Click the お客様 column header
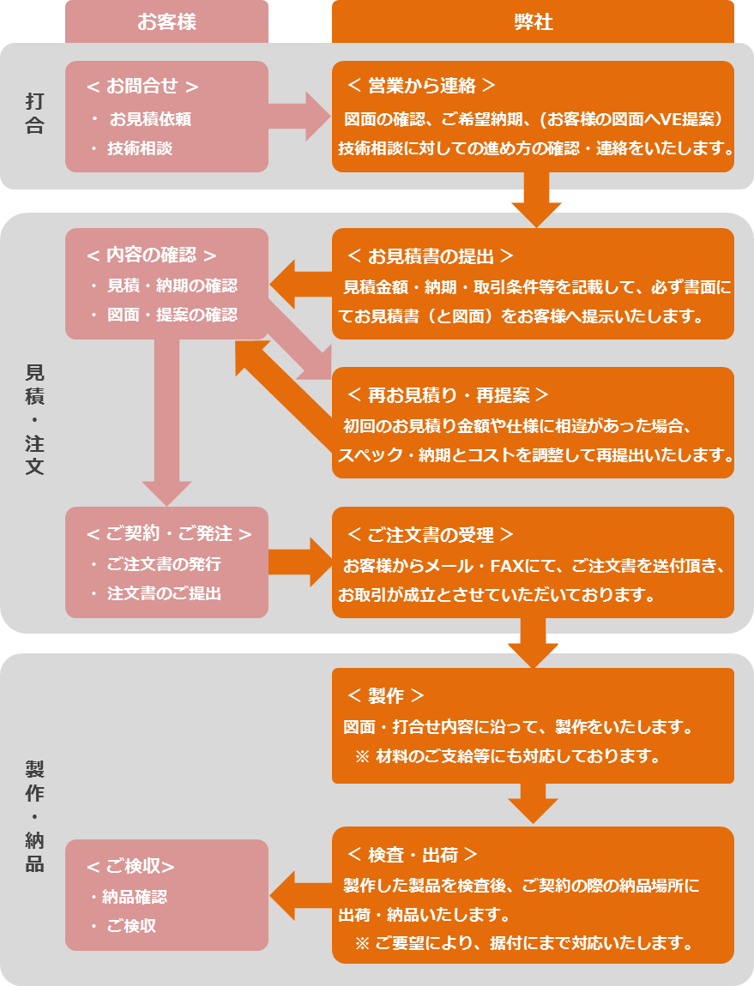166,21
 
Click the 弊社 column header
532,21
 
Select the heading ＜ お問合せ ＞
143,86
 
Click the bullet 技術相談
139,148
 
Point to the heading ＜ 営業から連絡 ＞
421,86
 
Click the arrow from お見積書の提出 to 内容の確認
300,284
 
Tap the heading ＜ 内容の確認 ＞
151,255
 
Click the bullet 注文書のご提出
164,592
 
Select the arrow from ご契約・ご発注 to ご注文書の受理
299,562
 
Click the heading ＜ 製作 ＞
386,695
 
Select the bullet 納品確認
134,897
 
